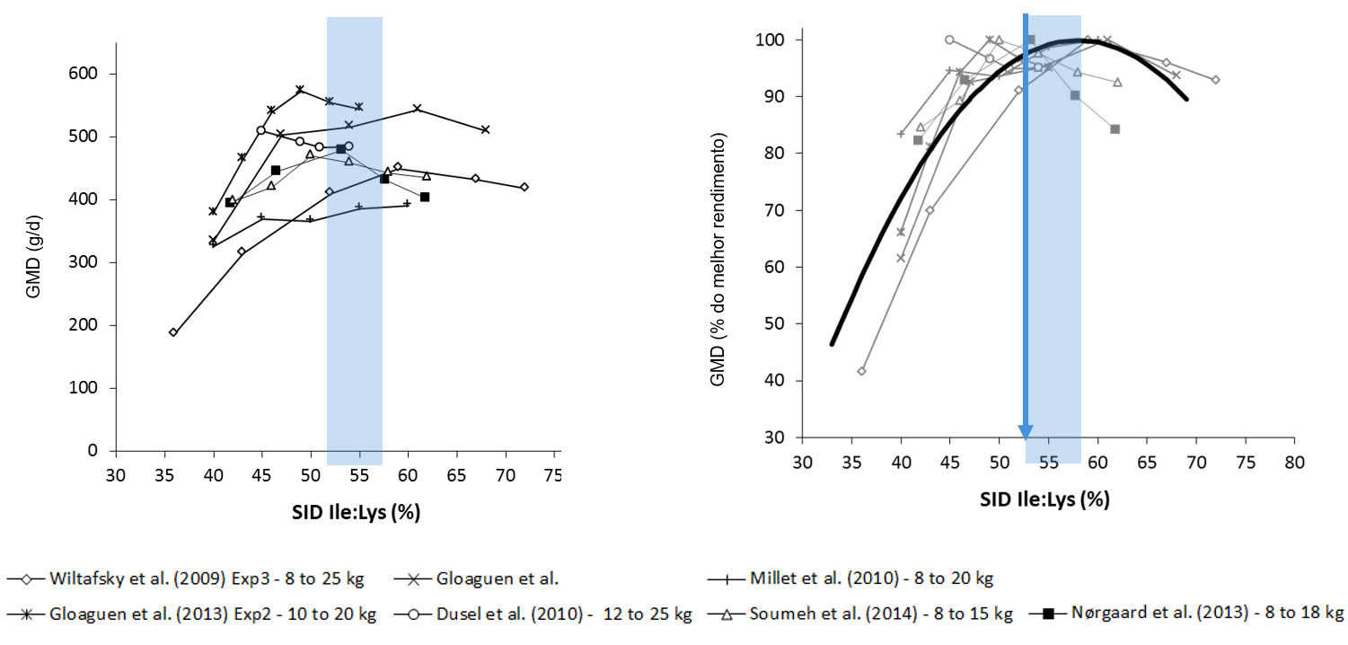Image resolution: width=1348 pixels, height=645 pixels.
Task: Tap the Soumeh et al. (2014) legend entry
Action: (x=879, y=614)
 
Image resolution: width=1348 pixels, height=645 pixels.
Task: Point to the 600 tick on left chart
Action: (x=92, y=74)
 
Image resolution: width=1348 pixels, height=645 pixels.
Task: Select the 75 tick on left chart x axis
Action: (x=553, y=474)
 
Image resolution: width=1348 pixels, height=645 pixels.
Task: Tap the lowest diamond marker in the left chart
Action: (x=173, y=332)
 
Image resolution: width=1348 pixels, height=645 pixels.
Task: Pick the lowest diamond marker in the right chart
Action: (x=861, y=371)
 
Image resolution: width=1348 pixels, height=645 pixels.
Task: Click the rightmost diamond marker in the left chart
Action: (x=524, y=187)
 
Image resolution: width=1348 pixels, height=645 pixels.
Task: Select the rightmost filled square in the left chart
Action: (x=425, y=197)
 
